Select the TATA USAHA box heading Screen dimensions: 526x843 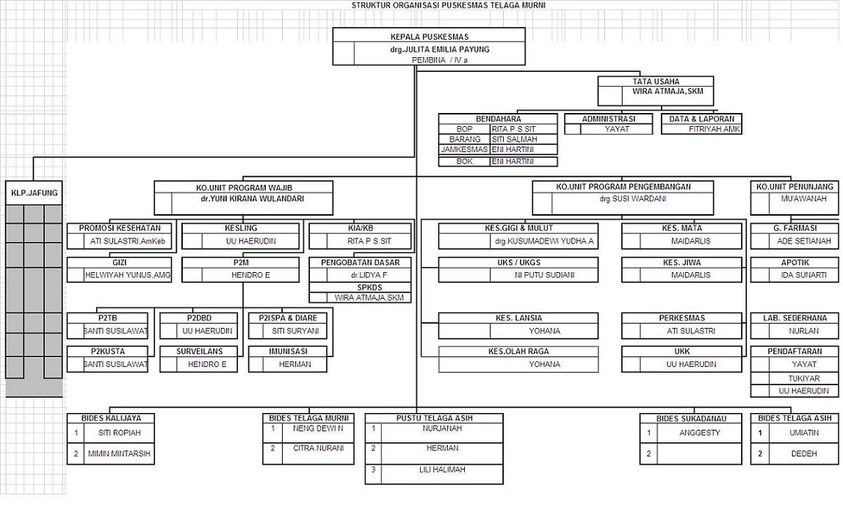click(x=655, y=81)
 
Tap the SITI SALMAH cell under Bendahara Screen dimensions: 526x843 click(x=514, y=139)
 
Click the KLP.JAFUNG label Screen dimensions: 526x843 click(x=34, y=194)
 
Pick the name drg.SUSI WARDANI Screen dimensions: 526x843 click(x=623, y=199)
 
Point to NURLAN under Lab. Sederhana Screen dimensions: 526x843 click(x=803, y=331)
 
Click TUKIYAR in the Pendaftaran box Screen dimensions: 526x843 click(x=803, y=379)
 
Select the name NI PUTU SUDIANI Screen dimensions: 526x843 click(x=544, y=275)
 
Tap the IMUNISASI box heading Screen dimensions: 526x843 click(x=287, y=351)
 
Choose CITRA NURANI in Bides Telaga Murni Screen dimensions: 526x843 click(x=318, y=448)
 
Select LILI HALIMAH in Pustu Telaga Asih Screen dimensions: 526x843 click(x=441, y=470)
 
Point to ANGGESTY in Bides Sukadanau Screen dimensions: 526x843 click(x=699, y=433)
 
